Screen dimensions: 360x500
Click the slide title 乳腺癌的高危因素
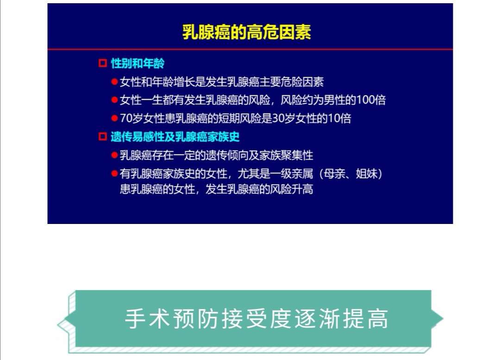(246, 32)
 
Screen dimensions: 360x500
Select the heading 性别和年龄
(137, 63)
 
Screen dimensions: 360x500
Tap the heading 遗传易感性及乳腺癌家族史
(175, 137)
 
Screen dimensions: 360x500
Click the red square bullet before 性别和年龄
(103, 63)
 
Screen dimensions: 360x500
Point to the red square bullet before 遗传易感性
(103, 137)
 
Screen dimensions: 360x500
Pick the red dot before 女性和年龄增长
(114, 82)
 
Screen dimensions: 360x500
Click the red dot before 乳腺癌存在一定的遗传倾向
(114, 155)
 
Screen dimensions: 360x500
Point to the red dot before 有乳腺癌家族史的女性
(114, 174)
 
